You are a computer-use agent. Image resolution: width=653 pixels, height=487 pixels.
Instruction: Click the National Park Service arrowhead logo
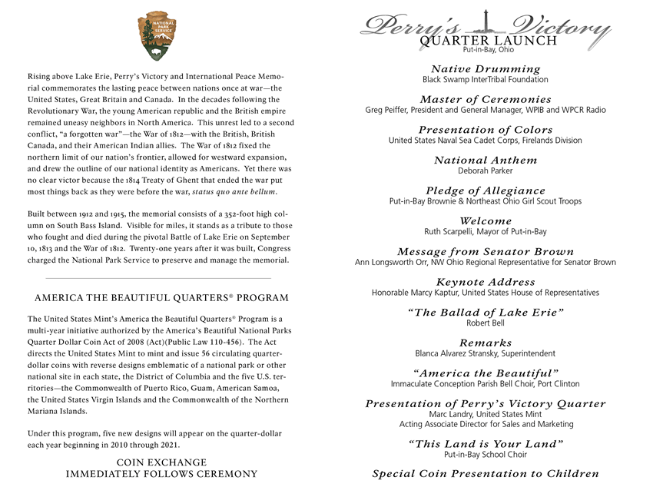coord(161,35)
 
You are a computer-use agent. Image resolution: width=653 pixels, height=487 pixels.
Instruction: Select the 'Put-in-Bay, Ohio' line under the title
coord(483,51)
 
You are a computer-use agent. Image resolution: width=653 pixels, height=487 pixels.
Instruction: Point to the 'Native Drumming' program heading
coord(486,69)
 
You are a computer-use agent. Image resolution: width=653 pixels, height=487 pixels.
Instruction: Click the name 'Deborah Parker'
coord(486,171)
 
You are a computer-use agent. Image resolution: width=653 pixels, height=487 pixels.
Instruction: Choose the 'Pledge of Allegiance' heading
coord(486,190)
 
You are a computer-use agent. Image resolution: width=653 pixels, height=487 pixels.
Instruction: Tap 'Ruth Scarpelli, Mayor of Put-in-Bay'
coord(486,231)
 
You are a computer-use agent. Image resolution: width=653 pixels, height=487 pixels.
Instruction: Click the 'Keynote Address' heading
coord(486,283)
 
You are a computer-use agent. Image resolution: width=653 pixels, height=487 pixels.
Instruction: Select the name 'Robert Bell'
coord(486,323)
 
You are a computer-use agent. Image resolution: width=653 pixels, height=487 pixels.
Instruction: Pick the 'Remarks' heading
coord(486,343)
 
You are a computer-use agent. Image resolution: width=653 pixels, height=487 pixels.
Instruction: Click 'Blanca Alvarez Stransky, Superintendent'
coord(486,353)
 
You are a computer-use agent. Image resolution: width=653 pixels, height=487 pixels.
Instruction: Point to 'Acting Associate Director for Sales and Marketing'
coord(486,424)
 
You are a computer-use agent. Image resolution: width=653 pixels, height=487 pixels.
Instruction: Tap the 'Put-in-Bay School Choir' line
coord(486,455)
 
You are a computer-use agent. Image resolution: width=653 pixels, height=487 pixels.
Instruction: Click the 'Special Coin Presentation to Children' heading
coord(486,474)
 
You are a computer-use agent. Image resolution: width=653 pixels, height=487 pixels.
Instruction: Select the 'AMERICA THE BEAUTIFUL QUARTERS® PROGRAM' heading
coord(161,298)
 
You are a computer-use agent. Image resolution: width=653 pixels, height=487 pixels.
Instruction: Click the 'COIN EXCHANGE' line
coord(161,462)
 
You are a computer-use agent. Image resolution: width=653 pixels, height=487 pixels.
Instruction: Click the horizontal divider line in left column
coord(158,278)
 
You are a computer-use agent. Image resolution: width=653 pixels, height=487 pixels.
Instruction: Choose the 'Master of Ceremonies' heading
coord(486,100)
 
